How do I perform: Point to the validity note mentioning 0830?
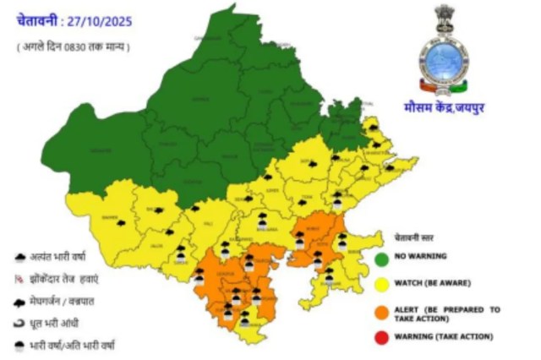74,47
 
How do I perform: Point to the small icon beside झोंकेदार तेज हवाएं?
19,277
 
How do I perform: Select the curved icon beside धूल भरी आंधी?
19,322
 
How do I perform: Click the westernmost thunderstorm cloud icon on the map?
121,223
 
